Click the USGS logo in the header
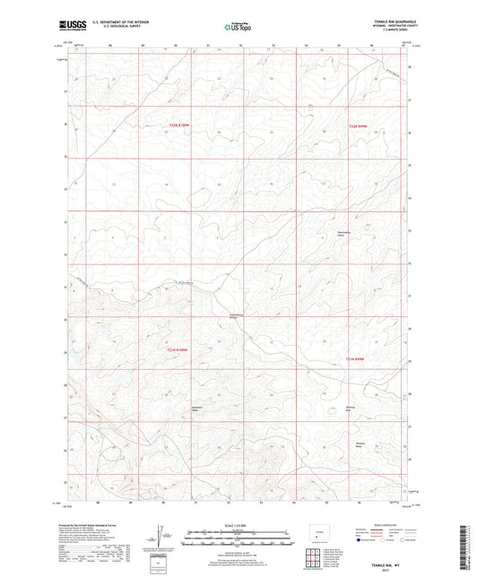(68, 25)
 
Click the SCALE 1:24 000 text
(238, 524)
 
